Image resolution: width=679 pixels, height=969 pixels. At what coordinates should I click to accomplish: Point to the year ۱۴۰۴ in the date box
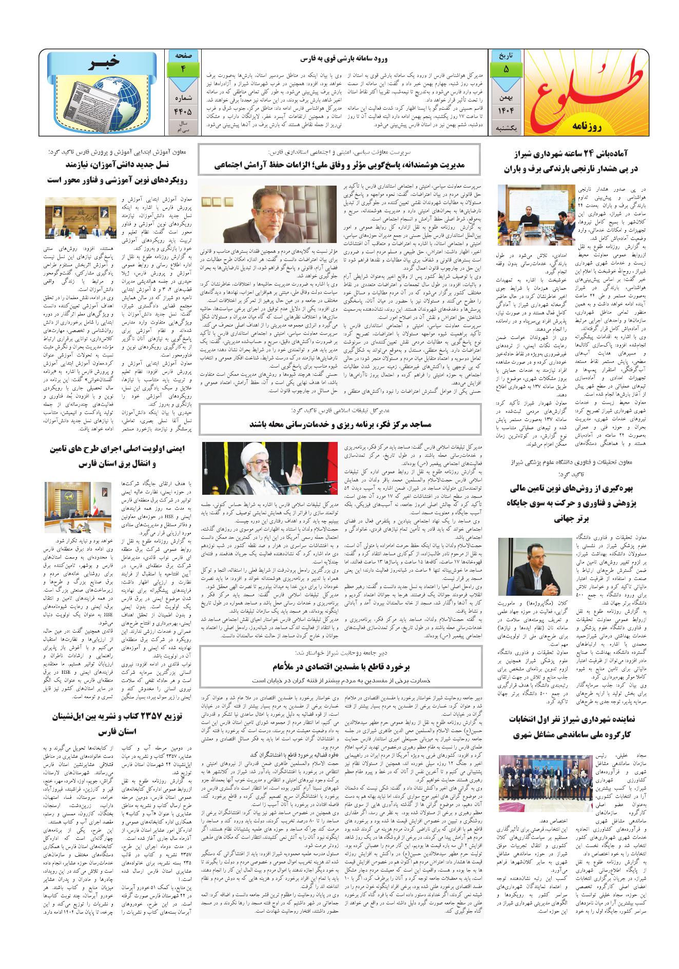click(506, 111)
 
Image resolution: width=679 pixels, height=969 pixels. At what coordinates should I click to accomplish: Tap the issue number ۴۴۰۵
click(183, 111)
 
